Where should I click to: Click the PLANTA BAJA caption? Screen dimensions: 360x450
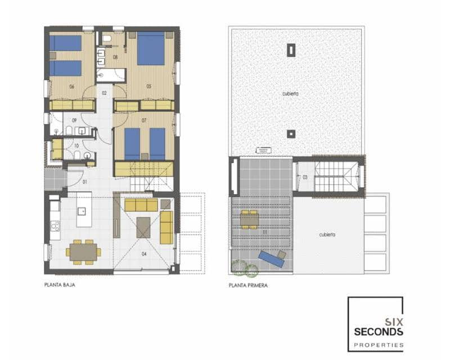coord(60,285)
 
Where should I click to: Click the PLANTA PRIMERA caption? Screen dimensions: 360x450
coord(248,285)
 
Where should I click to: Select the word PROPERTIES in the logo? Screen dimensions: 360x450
coord(378,344)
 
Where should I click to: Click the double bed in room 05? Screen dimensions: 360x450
coord(151,49)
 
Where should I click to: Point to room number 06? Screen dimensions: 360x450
coord(72,87)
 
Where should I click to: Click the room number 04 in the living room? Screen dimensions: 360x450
coord(144,254)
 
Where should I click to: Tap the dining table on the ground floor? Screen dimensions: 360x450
coord(84,251)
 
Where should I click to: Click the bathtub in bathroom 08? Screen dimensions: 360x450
coord(110,73)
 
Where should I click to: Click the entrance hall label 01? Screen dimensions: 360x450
coord(85,182)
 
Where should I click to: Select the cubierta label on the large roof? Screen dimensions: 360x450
coord(290,94)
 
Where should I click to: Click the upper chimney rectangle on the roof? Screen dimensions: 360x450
coord(291,50)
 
